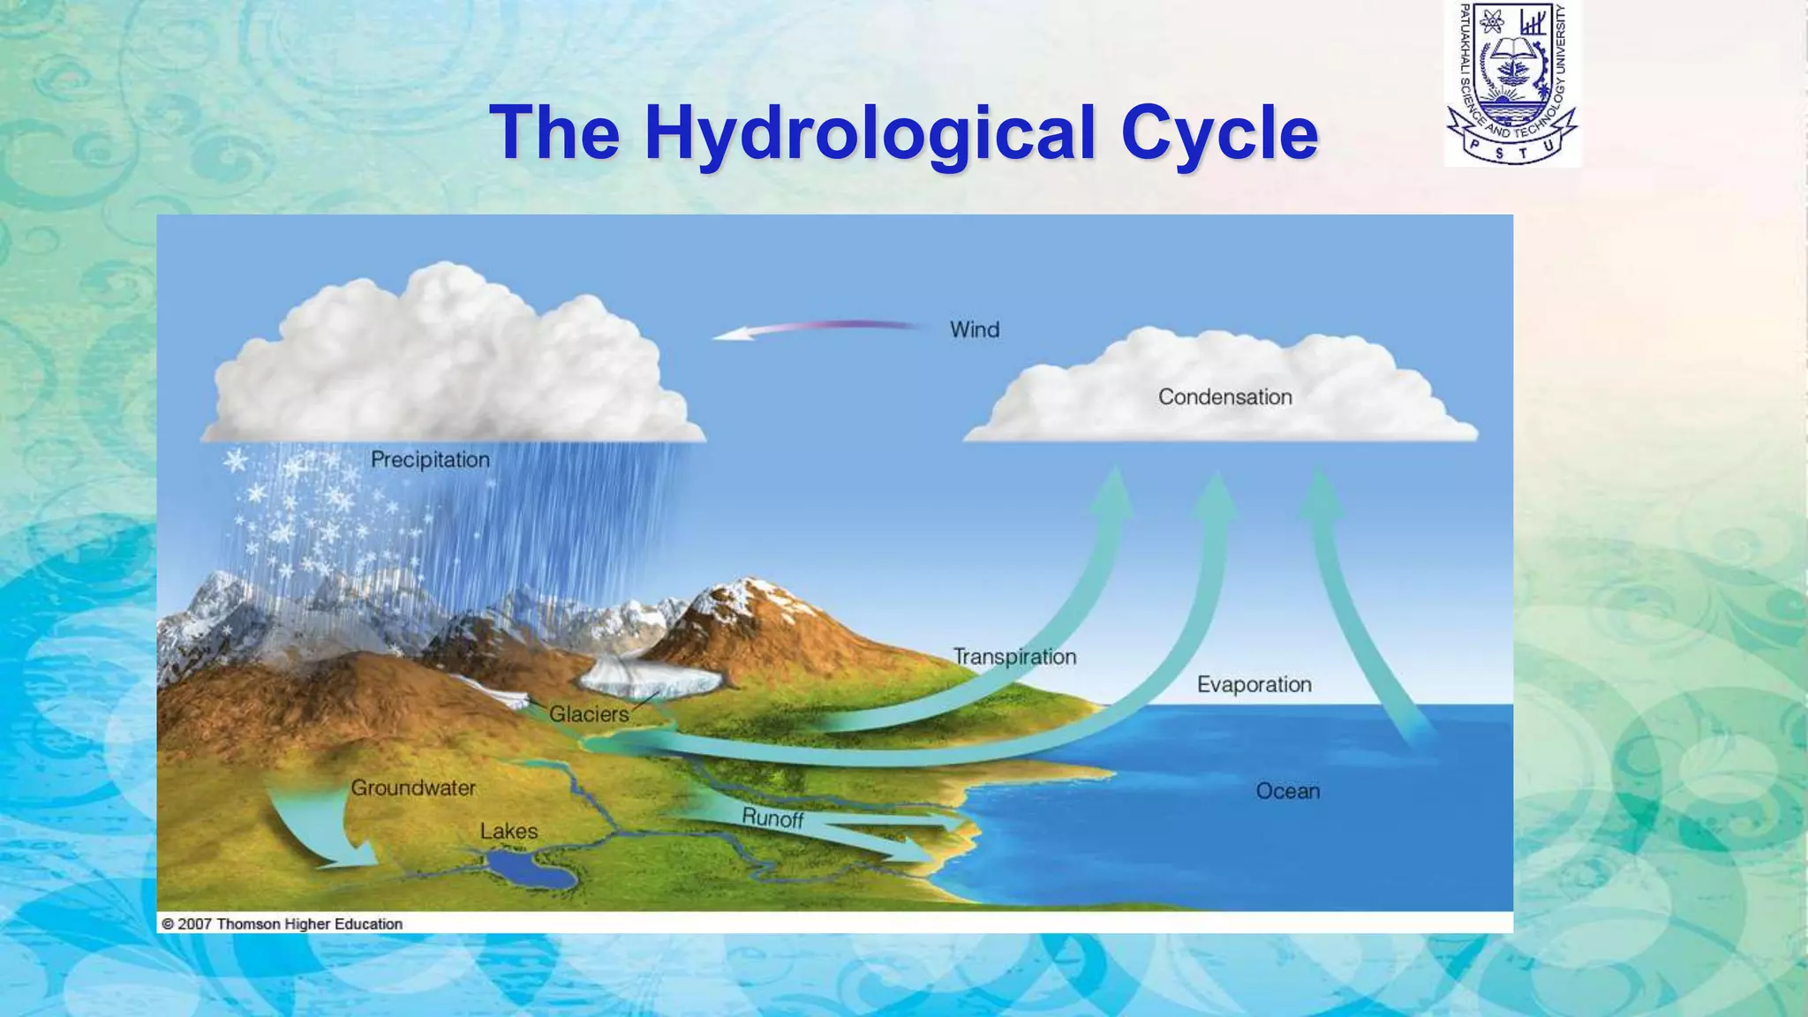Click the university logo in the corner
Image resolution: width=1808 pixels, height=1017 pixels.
coord(1512,84)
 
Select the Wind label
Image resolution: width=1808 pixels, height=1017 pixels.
coord(975,330)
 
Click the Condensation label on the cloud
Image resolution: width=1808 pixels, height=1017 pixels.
coord(1224,397)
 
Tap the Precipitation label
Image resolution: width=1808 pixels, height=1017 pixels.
coord(430,460)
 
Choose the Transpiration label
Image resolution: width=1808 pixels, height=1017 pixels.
coord(1014,657)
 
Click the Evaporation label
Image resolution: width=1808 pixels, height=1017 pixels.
coord(1254,685)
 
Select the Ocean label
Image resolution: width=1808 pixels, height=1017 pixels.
coord(1287,791)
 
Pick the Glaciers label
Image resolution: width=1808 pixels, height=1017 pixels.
coord(589,714)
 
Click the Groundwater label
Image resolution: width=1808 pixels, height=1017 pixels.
coord(413,787)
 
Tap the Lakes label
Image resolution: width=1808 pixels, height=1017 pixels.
coord(508,832)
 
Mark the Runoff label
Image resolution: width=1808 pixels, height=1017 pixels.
coord(772,818)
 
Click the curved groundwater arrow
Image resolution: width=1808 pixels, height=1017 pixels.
coord(318,830)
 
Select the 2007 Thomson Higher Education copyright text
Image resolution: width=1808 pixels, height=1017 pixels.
coord(282,924)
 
